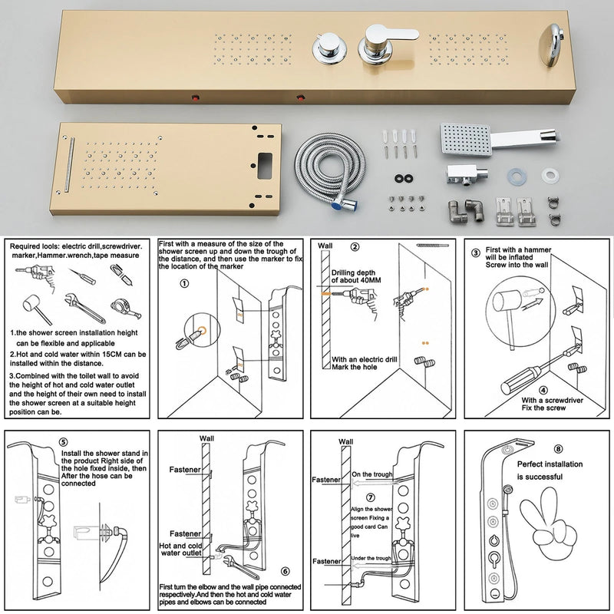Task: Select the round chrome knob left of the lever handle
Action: point(326,49)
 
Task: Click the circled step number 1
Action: point(183,282)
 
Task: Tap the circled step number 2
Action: point(355,247)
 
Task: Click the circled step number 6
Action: point(285,571)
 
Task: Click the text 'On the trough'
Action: point(371,474)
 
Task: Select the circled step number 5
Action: point(63,443)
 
